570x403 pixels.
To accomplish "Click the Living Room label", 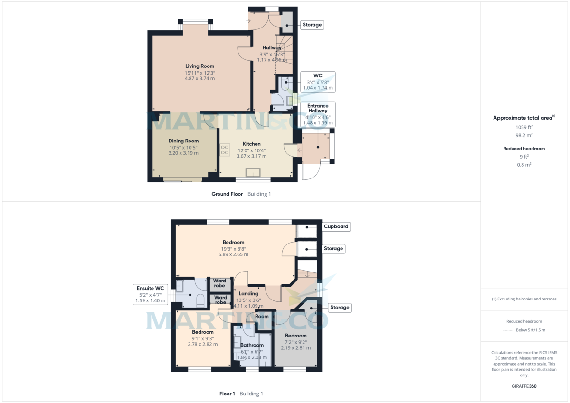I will pos(199,66).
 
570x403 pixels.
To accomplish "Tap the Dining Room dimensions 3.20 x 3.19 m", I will pos(183,153).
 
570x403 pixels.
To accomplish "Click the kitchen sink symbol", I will pos(253,172).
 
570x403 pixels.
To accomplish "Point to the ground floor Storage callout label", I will pos(312,25).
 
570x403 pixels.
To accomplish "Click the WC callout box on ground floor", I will pos(318,82).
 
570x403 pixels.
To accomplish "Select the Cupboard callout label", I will pos(336,226).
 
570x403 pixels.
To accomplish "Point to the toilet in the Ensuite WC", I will pos(200,300).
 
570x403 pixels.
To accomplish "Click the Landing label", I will pos(248,294).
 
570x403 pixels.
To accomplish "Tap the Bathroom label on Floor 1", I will pos(251,345).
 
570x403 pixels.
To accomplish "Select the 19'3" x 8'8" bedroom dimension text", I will pos(233,248).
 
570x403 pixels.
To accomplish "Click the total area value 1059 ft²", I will pos(524,127).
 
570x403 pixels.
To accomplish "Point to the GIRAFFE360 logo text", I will pos(524,386).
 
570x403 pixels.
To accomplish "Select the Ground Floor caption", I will pos(227,194).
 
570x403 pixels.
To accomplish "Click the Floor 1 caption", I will pos(227,394).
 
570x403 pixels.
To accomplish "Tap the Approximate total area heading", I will pos(523,118).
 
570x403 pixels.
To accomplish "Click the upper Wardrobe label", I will pos(219,283).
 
